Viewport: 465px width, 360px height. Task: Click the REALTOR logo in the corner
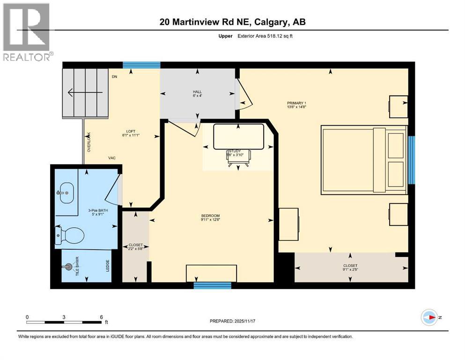[27, 31]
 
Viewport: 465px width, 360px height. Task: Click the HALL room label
[197, 93]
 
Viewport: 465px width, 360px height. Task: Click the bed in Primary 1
[363, 160]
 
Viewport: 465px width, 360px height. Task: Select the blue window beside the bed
[411, 160]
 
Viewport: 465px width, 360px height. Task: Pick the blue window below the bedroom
[212, 285]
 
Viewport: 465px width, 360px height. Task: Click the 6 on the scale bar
[101, 316]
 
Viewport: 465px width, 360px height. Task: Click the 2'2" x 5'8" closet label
[135, 247]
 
